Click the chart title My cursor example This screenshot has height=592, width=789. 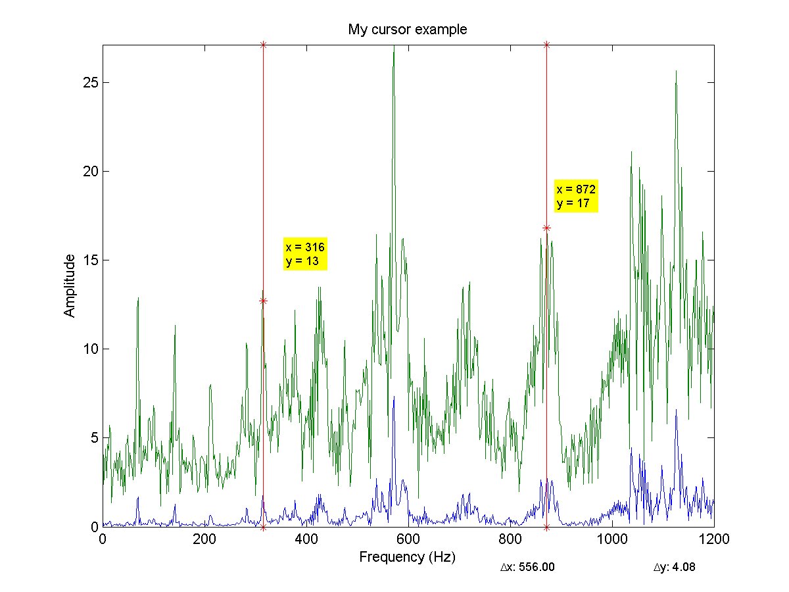[x=408, y=30]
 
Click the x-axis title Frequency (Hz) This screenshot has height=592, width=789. [x=407, y=557]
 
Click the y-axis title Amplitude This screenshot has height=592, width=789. [x=70, y=286]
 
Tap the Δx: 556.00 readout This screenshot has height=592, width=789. [x=527, y=567]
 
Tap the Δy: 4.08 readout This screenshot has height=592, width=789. [x=674, y=567]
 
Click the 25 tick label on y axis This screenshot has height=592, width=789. [x=91, y=83]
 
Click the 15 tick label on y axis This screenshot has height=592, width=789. [x=91, y=260]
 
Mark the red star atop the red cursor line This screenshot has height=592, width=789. [x=263, y=45]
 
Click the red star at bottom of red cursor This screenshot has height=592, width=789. [x=263, y=527]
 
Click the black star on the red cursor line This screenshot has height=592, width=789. [x=263, y=301]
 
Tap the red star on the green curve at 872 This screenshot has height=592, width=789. [x=546, y=228]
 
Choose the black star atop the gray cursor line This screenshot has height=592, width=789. [x=546, y=45]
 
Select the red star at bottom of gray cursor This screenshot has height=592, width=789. [x=546, y=527]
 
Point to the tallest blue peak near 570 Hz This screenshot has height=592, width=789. [x=393, y=398]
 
